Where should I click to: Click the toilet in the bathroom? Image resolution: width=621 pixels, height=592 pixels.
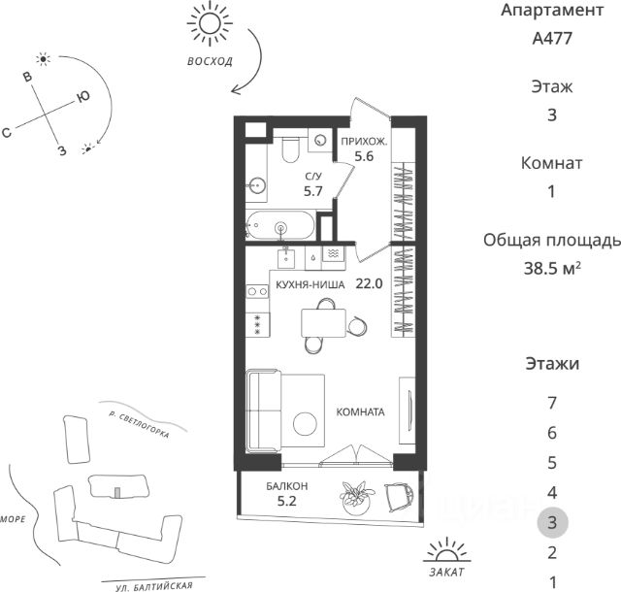(x=290, y=148)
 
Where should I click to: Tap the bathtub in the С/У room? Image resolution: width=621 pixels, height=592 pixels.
(x=280, y=225)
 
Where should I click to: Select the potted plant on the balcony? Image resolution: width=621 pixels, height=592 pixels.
(x=355, y=498)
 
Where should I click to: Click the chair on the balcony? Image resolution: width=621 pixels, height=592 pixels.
(x=399, y=496)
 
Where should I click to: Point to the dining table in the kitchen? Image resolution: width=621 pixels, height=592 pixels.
(x=323, y=323)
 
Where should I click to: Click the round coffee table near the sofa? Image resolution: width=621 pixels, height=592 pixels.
(x=305, y=423)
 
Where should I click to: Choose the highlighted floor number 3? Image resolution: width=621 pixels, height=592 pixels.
(x=552, y=522)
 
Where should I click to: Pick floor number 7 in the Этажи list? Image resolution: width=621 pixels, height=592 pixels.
(x=552, y=403)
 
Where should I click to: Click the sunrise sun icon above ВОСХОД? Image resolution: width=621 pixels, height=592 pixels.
(x=210, y=23)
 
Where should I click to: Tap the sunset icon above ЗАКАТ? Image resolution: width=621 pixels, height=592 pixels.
(x=446, y=550)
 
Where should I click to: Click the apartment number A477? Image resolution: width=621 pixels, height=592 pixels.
(x=552, y=39)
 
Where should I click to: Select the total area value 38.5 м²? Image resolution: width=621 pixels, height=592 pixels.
(x=552, y=269)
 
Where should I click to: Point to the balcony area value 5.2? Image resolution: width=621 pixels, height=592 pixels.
(x=287, y=501)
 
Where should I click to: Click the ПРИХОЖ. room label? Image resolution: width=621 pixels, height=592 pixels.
(x=364, y=142)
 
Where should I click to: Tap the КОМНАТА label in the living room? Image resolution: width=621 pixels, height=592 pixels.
(x=360, y=412)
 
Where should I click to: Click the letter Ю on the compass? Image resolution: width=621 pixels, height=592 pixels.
(x=82, y=96)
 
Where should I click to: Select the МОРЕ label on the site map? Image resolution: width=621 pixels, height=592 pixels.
(x=13, y=519)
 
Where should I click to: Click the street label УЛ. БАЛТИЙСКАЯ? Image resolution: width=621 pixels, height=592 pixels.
(x=154, y=586)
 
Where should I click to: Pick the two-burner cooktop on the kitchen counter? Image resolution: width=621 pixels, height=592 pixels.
(x=257, y=292)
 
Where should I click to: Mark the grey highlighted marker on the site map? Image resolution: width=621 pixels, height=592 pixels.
(x=116, y=493)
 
